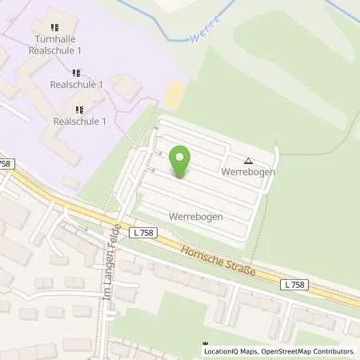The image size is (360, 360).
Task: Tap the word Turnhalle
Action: [54, 38]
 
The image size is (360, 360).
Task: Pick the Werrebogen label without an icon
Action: [195, 216]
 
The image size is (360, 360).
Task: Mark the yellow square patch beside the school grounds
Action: [173, 97]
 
